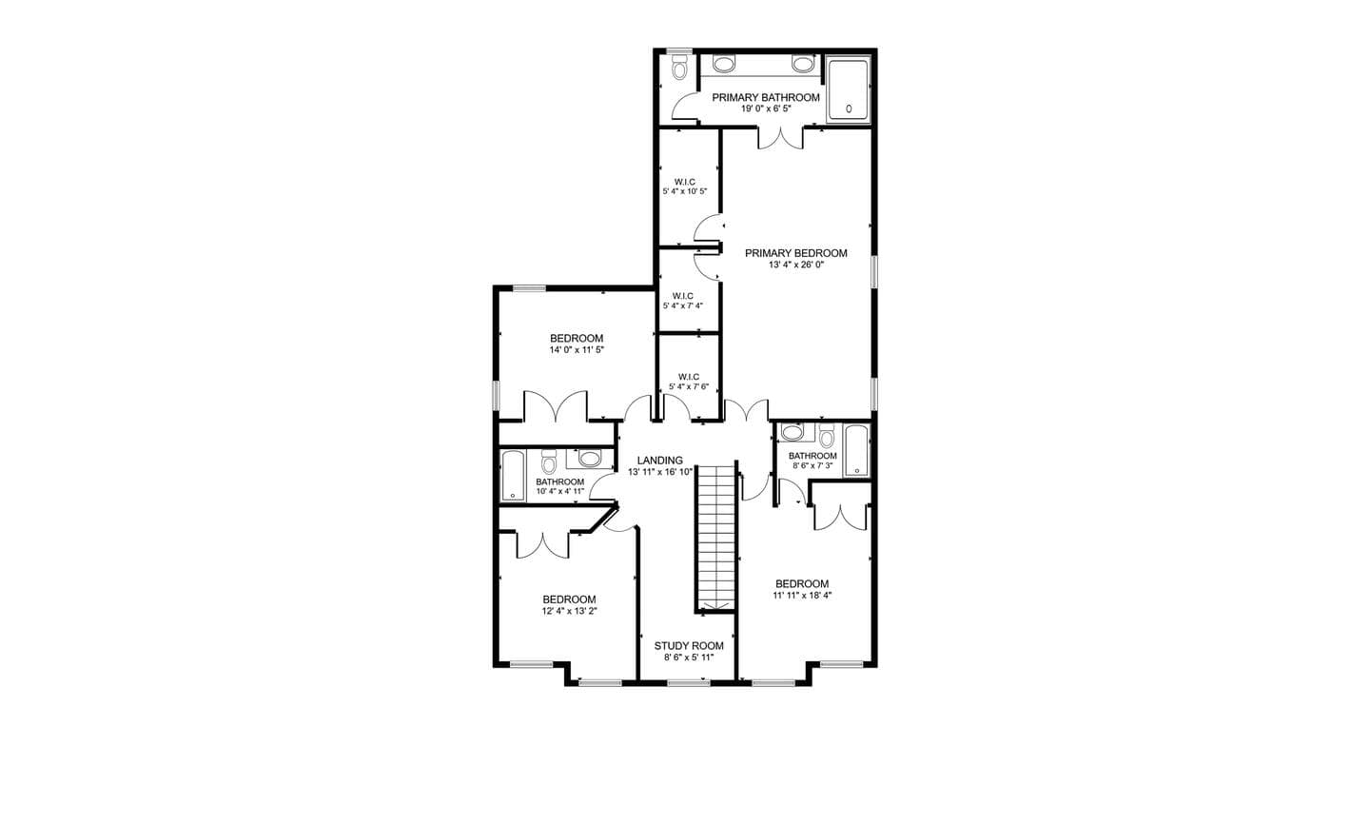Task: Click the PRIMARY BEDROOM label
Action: point(795,253)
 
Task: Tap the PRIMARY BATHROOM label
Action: point(766,98)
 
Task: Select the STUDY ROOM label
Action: point(689,646)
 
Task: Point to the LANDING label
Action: point(660,461)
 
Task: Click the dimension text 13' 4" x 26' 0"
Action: point(796,265)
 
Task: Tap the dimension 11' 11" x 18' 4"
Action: point(802,595)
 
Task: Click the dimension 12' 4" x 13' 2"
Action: point(569,611)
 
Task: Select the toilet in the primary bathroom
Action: point(679,68)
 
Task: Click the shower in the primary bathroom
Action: point(847,89)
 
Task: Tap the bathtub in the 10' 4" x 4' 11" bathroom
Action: point(513,476)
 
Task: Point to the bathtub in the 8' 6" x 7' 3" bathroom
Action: point(856,451)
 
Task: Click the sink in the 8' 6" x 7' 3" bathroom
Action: point(793,432)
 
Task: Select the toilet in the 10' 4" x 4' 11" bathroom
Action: point(549,462)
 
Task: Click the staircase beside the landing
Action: point(715,537)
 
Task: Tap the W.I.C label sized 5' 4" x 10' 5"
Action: point(684,182)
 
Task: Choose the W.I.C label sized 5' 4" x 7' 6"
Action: point(689,377)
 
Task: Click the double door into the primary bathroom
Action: point(780,138)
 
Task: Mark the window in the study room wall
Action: point(689,682)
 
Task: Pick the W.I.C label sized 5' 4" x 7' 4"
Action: point(682,296)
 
